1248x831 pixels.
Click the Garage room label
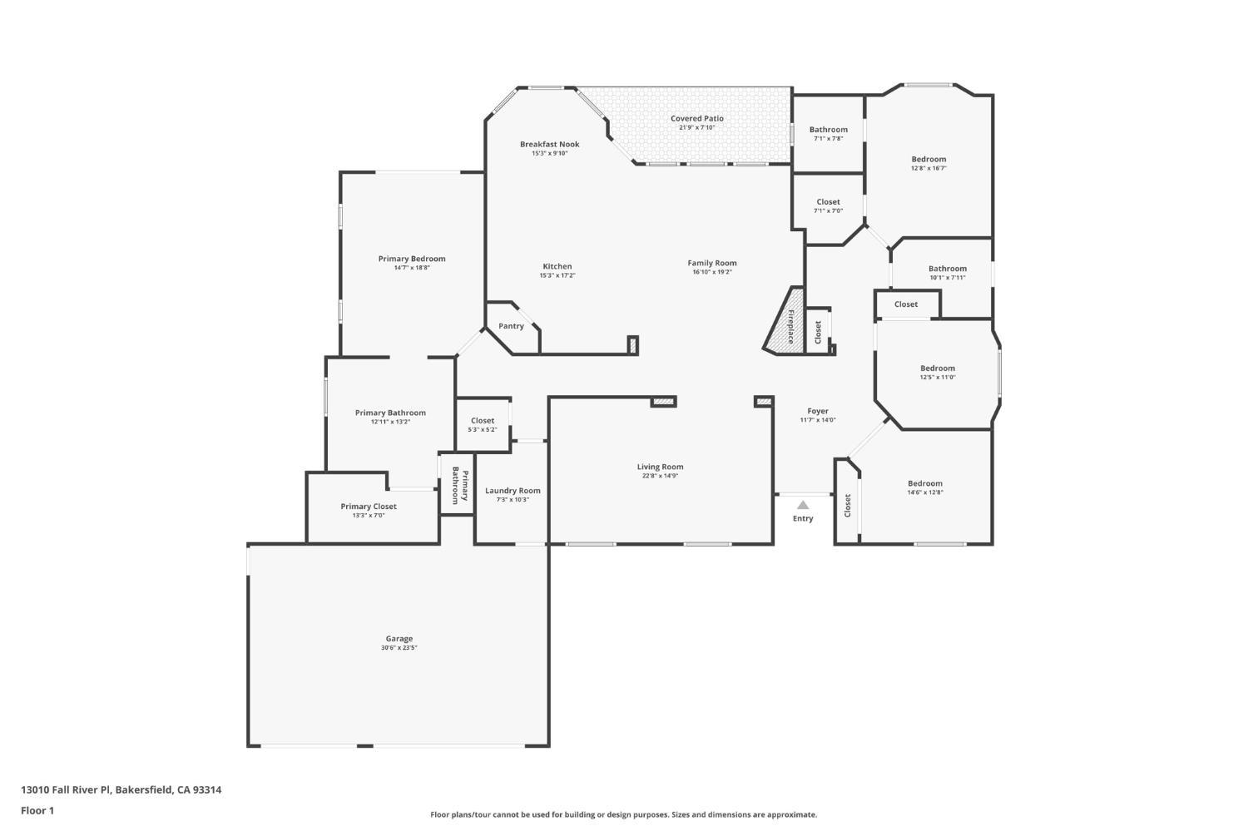coord(399,639)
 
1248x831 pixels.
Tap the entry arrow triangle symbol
coord(803,505)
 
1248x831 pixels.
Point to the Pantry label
coord(511,326)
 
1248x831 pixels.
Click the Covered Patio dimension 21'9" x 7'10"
coord(696,127)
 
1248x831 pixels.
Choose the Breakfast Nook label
coord(549,144)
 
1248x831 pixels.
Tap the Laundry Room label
coord(513,491)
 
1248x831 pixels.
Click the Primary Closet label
coord(369,507)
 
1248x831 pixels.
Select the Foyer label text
coord(818,411)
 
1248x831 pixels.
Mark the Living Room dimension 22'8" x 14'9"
coord(660,476)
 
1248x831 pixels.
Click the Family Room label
coord(712,263)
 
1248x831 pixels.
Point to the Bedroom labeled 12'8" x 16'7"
coord(929,159)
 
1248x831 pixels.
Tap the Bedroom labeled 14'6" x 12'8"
coord(925,483)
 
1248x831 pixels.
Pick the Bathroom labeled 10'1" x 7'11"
coord(948,269)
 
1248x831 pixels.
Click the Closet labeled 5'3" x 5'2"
coord(483,421)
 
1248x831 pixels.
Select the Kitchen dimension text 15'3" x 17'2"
coord(557,275)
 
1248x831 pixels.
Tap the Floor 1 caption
coord(37,810)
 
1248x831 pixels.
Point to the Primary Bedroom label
coord(412,259)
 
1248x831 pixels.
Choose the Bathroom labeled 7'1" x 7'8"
coord(829,129)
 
